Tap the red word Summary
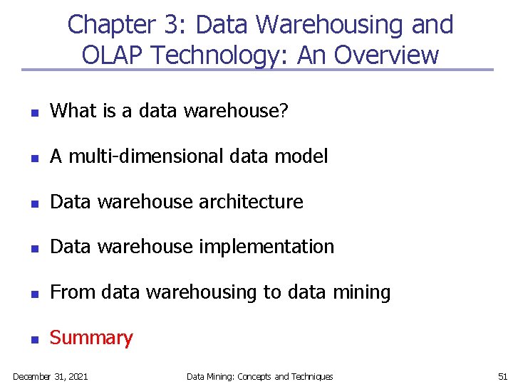[x=91, y=338]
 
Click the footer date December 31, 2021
[x=51, y=376]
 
